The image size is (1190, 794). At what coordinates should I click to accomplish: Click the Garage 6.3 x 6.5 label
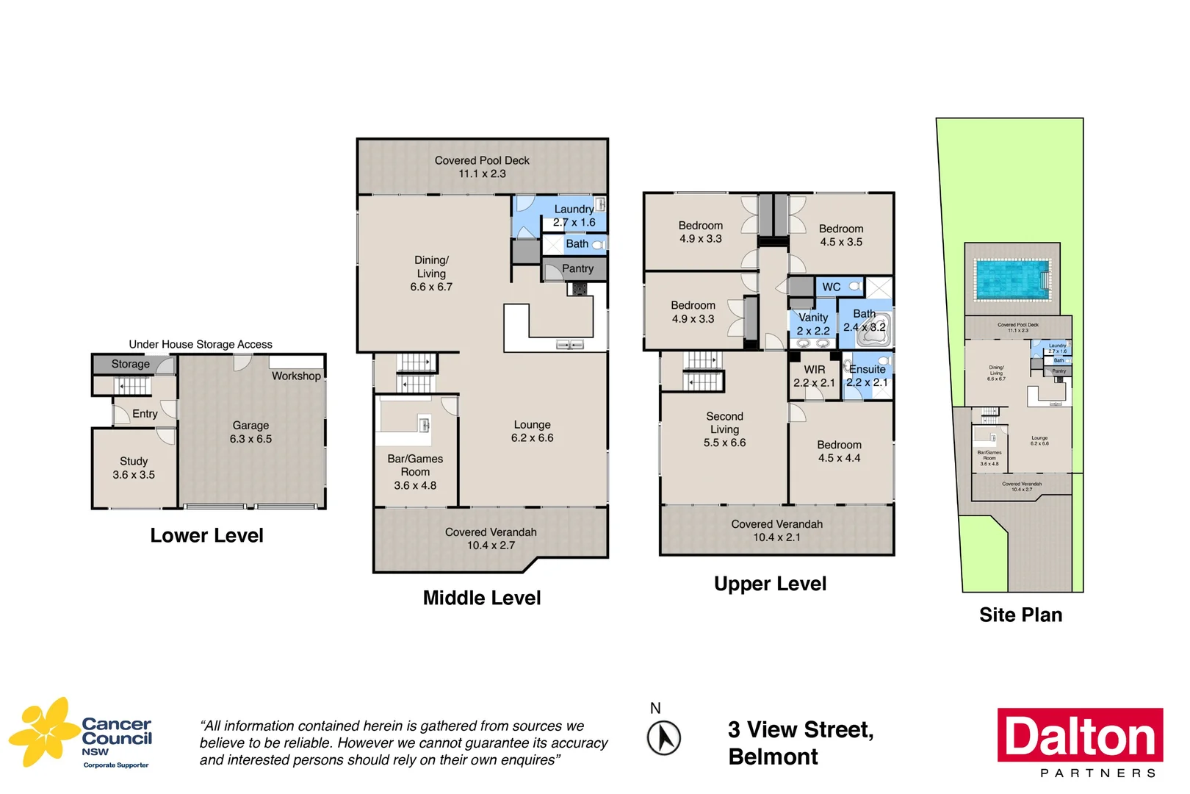250,432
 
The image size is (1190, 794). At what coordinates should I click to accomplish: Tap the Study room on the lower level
134,468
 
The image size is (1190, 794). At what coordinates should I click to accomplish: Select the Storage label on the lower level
131,364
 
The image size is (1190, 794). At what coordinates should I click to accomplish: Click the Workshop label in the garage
296,376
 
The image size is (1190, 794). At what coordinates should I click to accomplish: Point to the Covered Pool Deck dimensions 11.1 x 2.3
482,174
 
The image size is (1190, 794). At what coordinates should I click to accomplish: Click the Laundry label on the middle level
574,210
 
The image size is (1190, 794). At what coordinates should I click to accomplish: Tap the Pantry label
577,269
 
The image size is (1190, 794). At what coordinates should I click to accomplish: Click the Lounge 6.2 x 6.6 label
532,432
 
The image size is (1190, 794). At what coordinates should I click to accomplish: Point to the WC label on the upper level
831,287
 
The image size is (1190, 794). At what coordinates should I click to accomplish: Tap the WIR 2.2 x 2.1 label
814,376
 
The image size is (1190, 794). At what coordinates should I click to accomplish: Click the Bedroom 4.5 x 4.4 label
839,451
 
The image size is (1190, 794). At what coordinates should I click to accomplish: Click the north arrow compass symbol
663,737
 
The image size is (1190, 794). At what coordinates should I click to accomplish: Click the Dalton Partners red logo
1079,735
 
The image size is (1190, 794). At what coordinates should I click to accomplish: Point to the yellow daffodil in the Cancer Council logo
44,731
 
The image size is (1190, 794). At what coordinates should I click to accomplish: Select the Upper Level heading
770,584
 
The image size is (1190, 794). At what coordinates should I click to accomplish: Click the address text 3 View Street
800,730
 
